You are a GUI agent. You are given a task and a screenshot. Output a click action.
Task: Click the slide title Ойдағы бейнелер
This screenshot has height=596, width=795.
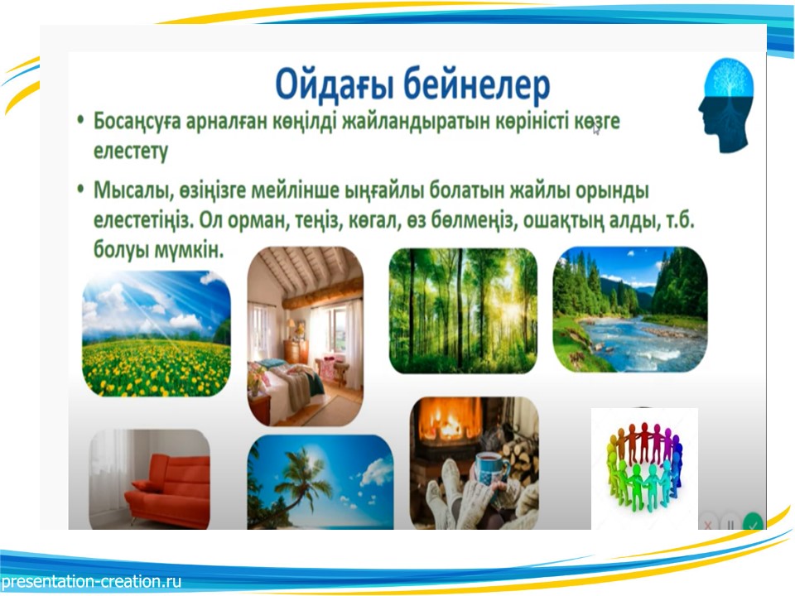[x=412, y=85]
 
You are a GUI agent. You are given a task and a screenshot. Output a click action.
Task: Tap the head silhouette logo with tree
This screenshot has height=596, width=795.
[x=725, y=105]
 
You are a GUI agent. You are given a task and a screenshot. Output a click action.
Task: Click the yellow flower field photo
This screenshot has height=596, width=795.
[x=157, y=334]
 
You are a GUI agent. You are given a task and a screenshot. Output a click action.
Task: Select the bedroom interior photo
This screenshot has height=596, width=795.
[x=306, y=336]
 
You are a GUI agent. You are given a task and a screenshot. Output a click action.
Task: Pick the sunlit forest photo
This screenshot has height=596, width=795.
[x=463, y=310]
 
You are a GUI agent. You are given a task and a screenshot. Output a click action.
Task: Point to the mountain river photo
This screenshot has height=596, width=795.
[x=629, y=310]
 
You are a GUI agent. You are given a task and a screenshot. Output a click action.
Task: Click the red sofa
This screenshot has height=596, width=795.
[x=168, y=489]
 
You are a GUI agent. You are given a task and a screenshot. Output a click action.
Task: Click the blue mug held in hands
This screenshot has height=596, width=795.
[x=490, y=470]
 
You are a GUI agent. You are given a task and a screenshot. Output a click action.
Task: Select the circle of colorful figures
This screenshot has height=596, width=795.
[x=644, y=466]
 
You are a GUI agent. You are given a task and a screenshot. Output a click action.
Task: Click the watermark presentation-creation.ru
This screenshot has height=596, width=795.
[x=91, y=581]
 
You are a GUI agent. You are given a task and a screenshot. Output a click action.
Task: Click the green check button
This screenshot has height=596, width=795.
[x=753, y=523]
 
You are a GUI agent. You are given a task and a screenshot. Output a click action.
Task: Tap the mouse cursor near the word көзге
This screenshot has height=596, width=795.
[x=595, y=129]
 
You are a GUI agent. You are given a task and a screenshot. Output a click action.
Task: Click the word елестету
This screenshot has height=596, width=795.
[x=130, y=151]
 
